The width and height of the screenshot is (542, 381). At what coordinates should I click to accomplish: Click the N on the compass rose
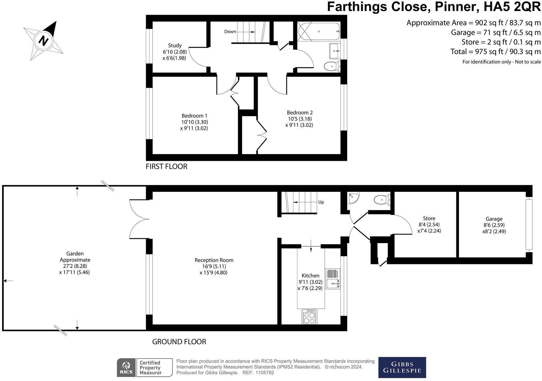pyautogui.click(x=43, y=41)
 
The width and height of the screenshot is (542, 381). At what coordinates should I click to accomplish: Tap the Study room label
pyautogui.click(x=174, y=45)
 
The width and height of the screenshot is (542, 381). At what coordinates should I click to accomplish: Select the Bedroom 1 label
pyautogui.click(x=194, y=116)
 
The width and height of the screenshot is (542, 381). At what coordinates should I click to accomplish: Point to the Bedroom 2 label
pyautogui.click(x=300, y=112)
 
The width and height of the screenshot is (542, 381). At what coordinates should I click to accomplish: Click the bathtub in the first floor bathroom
pyautogui.click(x=319, y=31)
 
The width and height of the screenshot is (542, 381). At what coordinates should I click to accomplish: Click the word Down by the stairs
pyautogui.click(x=230, y=31)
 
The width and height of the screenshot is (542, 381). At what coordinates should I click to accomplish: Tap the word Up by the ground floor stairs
pyautogui.click(x=321, y=202)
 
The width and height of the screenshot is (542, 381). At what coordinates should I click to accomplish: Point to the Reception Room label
pyautogui.click(x=214, y=260)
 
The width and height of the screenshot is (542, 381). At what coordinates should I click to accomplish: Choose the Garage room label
pyautogui.click(x=494, y=219)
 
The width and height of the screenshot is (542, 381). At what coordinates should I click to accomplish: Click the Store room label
pyautogui.click(x=429, y=218)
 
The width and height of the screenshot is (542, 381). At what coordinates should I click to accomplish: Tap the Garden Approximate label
pyautogui.click(x=75, y=257)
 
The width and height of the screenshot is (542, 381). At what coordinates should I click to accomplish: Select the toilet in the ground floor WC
pyautogui.click(x=382, y=200)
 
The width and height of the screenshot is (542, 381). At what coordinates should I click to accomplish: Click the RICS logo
pyautogui.click(x=126, y=367)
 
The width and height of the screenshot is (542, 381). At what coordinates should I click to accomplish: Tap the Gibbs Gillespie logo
pyautogui.click(x=402, y=367)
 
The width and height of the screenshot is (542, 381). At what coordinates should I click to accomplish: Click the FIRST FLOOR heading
pyautogui.click(x=167, y=167)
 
